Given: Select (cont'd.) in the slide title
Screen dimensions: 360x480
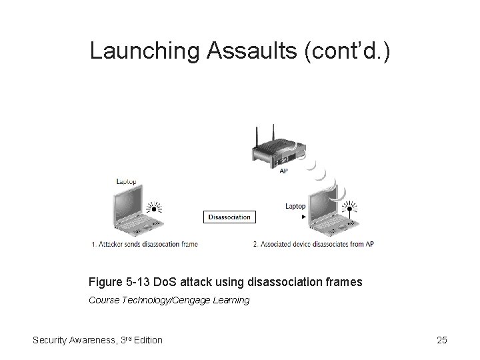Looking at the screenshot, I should (341, 51).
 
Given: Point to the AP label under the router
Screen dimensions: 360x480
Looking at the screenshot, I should (283, 171).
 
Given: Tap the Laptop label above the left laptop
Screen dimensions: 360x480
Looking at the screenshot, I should (127, 181).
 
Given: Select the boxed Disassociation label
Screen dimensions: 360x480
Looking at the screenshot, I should (229, 217).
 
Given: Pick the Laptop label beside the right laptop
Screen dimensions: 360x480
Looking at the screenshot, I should (295, 206).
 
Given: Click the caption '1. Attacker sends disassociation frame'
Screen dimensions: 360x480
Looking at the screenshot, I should (144, 245).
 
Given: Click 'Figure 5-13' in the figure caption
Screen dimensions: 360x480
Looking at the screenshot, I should (120, 282).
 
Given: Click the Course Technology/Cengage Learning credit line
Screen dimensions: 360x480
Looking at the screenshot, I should (169, 300).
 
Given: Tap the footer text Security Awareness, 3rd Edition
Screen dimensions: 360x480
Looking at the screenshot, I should (97, 340).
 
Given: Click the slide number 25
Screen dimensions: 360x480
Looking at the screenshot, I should (441, 340).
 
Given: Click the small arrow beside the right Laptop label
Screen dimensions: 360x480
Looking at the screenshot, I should (304, 217).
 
